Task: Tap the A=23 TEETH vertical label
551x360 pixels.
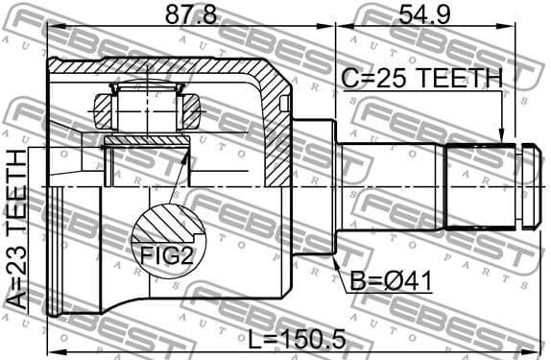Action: [18, 229]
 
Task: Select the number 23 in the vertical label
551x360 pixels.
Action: [18, 263]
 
